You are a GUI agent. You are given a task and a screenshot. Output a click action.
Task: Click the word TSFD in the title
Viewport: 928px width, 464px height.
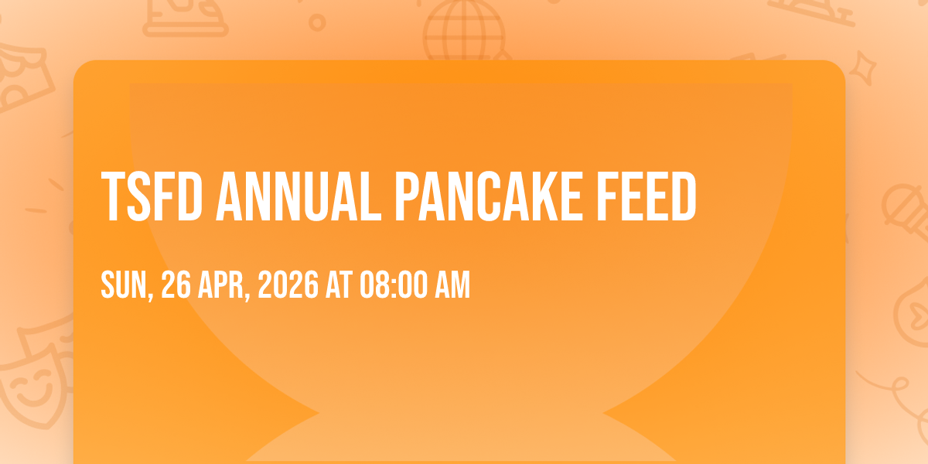152,196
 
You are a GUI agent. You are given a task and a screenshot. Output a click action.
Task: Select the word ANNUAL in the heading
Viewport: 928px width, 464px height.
299,196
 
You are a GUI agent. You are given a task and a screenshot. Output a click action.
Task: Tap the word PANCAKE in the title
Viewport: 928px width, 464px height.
489,196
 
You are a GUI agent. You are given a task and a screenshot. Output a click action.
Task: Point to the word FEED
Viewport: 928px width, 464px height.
647,196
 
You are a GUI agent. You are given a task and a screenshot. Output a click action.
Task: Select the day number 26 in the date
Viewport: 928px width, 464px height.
176,285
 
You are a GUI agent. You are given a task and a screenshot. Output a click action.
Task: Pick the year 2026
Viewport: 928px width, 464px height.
288,285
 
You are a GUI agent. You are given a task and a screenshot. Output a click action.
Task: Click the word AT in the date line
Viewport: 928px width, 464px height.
339,285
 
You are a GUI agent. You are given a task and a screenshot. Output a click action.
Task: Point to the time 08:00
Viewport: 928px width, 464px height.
393,285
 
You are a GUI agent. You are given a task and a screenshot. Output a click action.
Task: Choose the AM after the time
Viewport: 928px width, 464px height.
452,285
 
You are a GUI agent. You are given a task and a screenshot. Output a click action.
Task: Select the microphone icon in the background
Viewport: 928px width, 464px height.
906,211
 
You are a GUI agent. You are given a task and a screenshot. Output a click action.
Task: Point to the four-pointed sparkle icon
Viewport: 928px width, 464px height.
862,68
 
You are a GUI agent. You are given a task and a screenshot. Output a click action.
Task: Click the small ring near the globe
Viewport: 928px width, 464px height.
317,22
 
